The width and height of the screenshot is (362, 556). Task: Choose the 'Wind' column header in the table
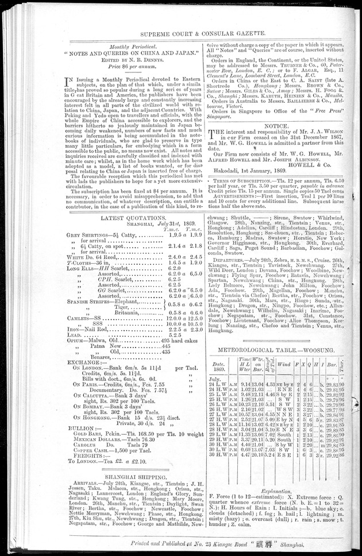tap(284, 364)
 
